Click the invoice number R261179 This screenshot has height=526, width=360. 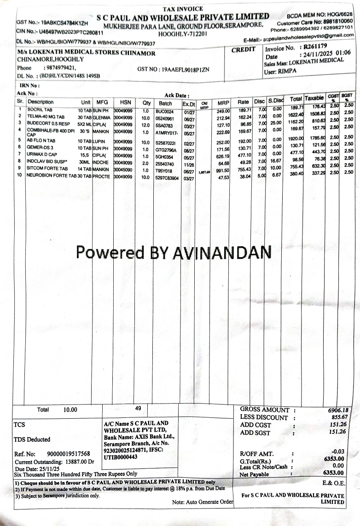pyautogui.click(x=315, y=46)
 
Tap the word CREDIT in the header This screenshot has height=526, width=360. pyautogui.click(x=243, y=49)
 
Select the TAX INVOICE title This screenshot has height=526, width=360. pyautogui.click(x=183, y=9)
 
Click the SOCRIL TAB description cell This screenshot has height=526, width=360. pyautogui.click(x=40, y=110)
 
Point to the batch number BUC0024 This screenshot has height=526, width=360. pyautogui.click(x=164, y=111)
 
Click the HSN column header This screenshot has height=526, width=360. pyautogui.click(x=125, y=102)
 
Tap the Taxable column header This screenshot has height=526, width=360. pyautogui.click(x=314, y=98)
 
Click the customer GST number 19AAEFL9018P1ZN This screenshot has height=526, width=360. pyautogui.click(x=186, y=70)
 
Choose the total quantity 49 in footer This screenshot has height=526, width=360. pyautogui.click(x=138, y=408)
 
